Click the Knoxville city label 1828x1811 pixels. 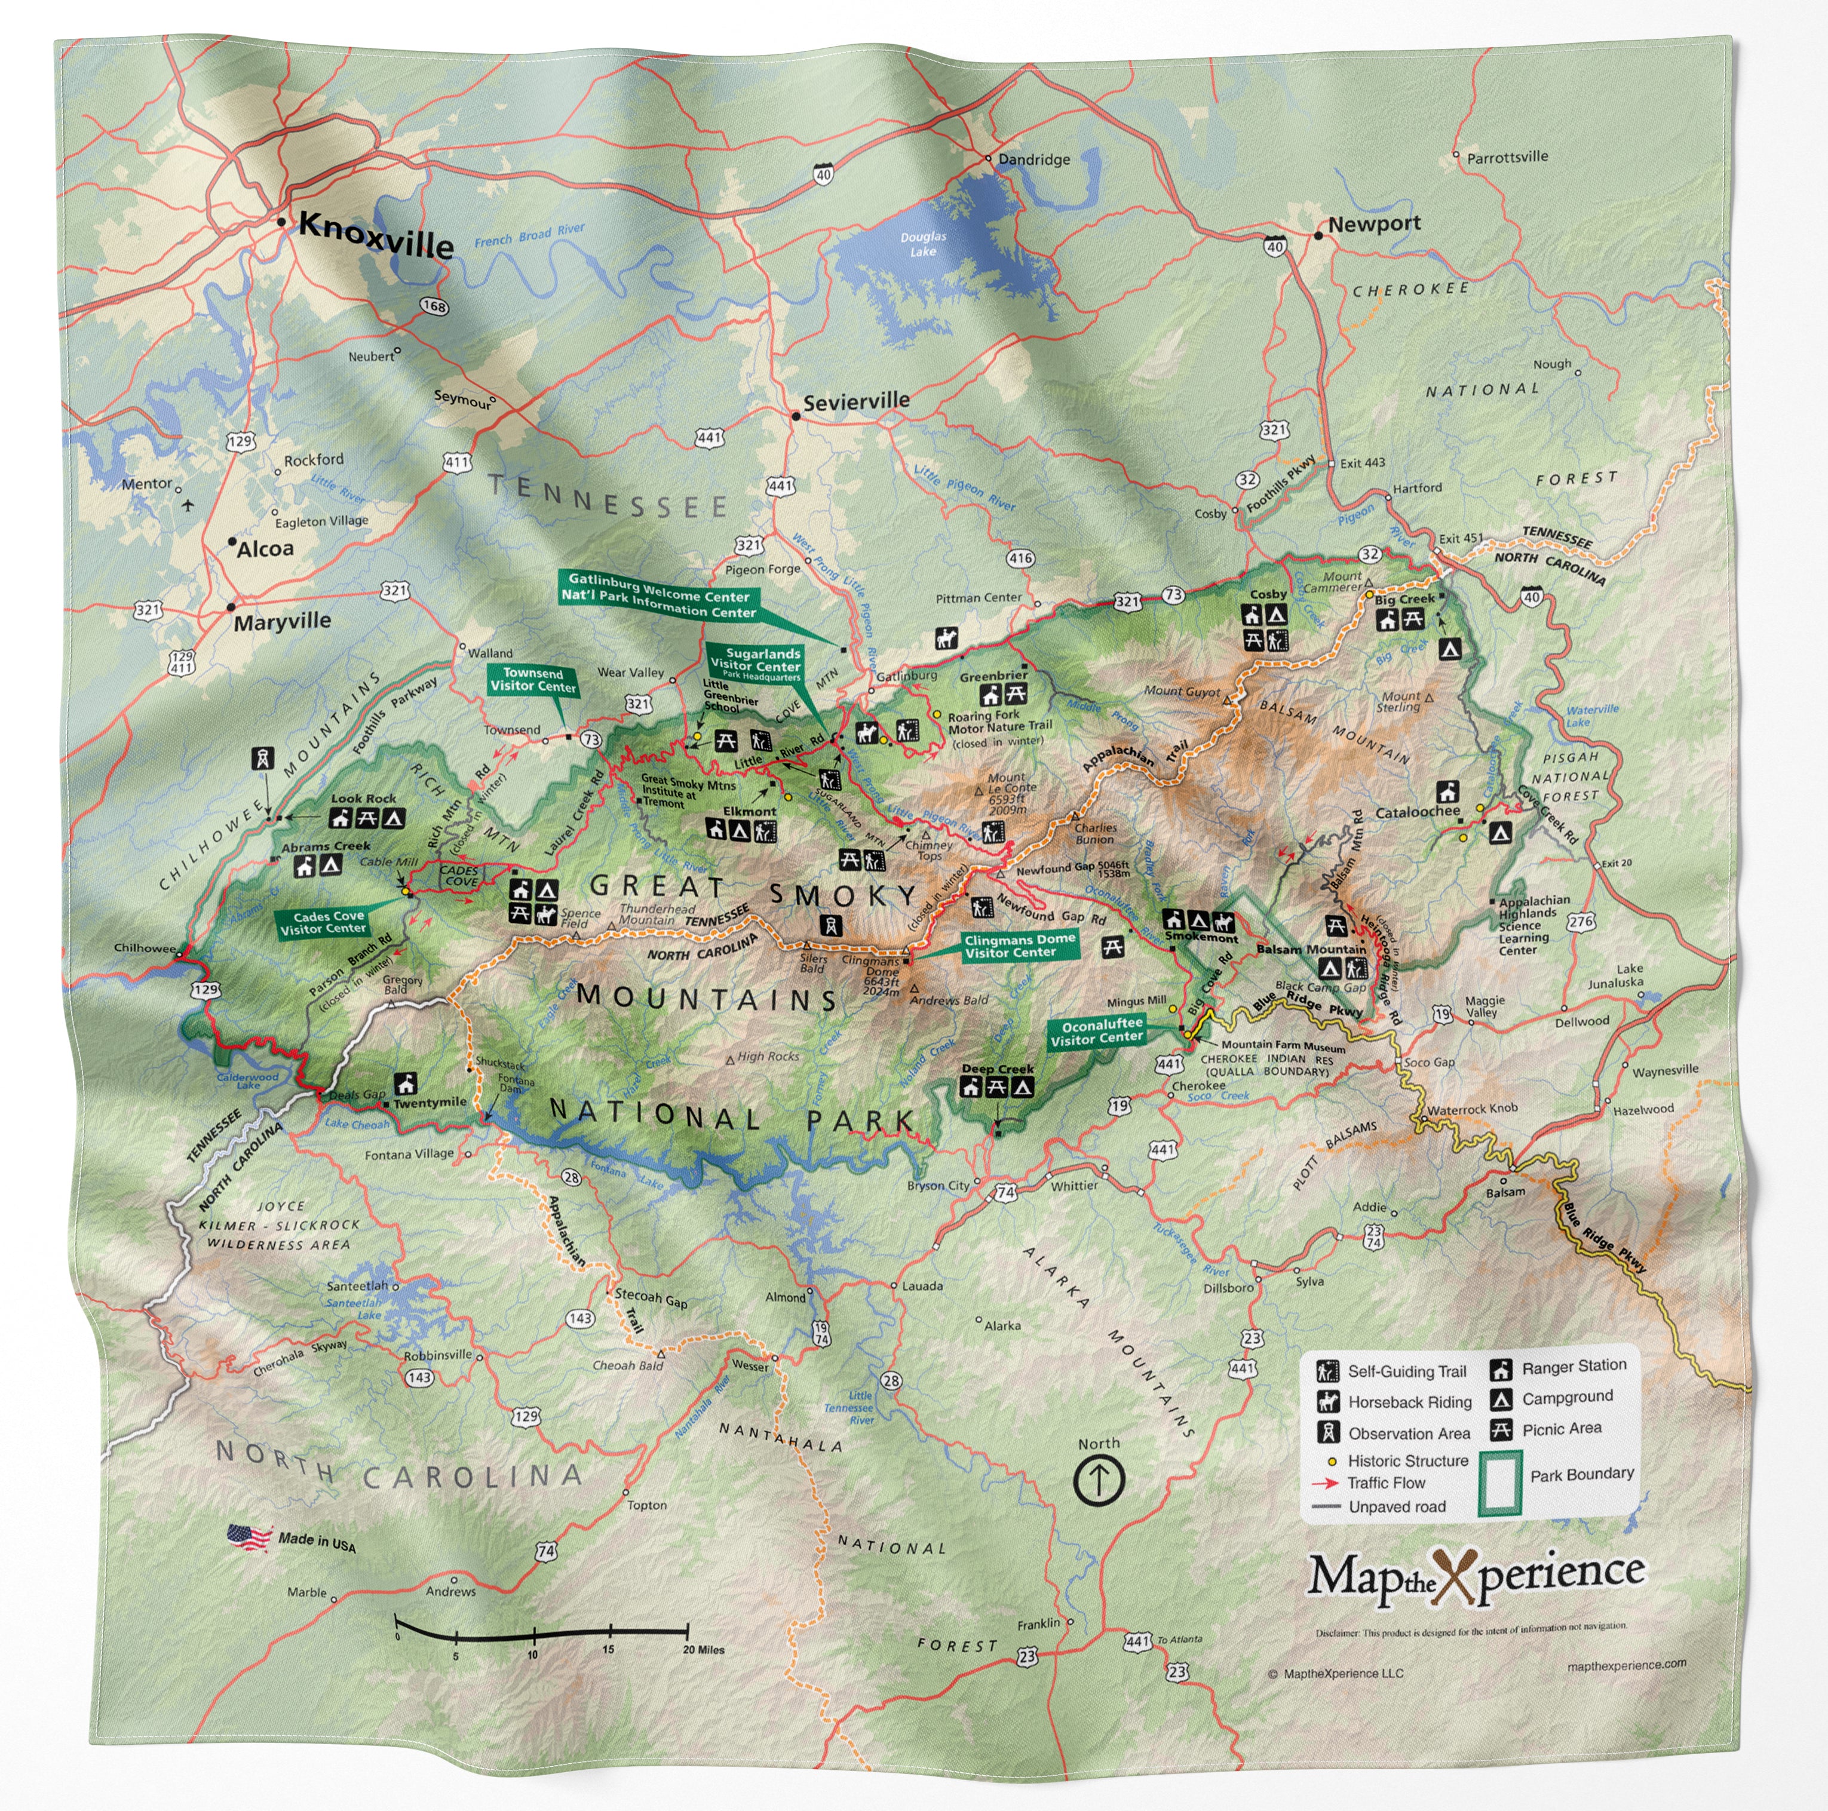pyautogui.click(x=376, y=235)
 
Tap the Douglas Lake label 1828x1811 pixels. pyautogui.click(x=922, y=244)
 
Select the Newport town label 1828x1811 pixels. pyautogui.click(x=1374, y=224)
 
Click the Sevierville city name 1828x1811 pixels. pyautogui.click(x=855, y=401)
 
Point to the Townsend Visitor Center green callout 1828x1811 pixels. pyautogui.click(x=533, y=679)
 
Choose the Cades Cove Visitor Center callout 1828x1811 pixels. pyautogui.click(x=323, y=923)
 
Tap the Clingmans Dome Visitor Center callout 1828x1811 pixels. pyautogui.click(x=1019, y=946)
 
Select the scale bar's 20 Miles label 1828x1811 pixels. pyautogui.click(x=703, y=1649)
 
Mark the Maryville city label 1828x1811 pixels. pyautogui.click(x=282, y=622)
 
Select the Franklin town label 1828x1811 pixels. pyautogui.click(x=1038, y=1623)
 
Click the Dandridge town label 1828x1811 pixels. pyautogui.click(x=1033, y=159)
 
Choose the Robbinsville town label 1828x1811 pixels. pyautogui.click(x=437, y=1355)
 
